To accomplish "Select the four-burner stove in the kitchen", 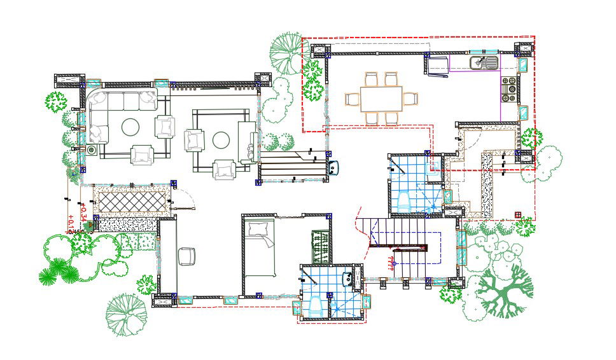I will (509, 90).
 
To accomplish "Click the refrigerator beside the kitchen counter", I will (438, 66).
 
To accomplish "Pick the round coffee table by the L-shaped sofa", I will (130, 127).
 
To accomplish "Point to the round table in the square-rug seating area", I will (221, 139).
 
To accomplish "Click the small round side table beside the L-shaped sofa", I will (93, 150).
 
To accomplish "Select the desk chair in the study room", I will (187, 255).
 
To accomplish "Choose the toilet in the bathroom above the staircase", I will (403, 203).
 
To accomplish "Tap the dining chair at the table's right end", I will (410, 99).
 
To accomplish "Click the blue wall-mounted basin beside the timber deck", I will (335, 167).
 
